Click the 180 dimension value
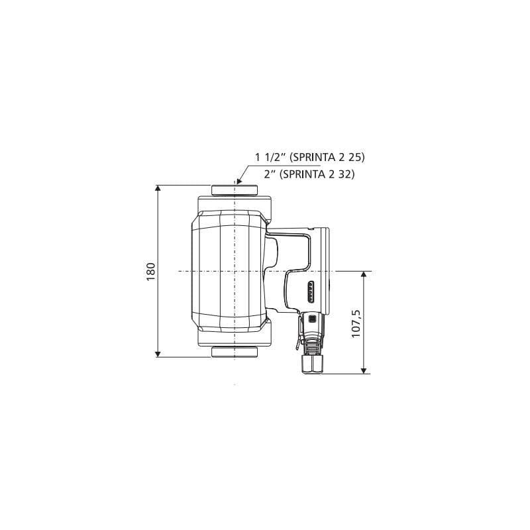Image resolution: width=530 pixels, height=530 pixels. tap(150, 271)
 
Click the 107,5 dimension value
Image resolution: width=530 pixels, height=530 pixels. tap(356, 323)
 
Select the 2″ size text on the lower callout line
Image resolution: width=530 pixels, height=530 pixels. tap(270, 174)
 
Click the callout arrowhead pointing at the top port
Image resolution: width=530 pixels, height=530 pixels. tap(239, 181)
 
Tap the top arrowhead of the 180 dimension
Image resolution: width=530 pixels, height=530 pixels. tap(158, 188)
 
